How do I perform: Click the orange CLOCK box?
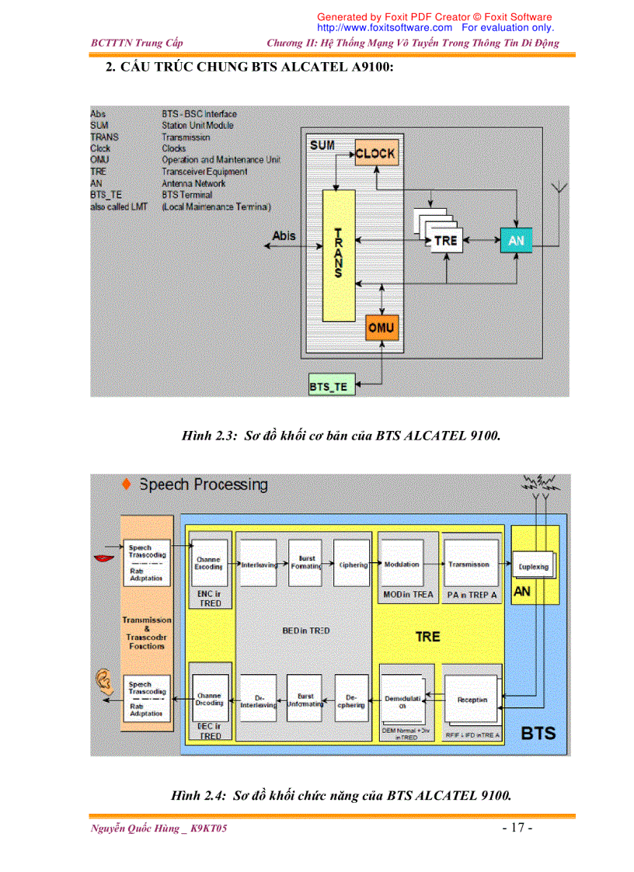375,154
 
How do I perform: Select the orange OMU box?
381,328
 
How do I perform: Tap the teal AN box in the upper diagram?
516,241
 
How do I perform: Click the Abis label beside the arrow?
284,235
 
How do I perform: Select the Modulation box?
402,565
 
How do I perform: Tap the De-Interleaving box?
256,701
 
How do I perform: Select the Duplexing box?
533,567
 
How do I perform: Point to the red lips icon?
102,557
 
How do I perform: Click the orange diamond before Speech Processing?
127,485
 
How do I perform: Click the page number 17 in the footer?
517,828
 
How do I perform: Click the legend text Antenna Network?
193,183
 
